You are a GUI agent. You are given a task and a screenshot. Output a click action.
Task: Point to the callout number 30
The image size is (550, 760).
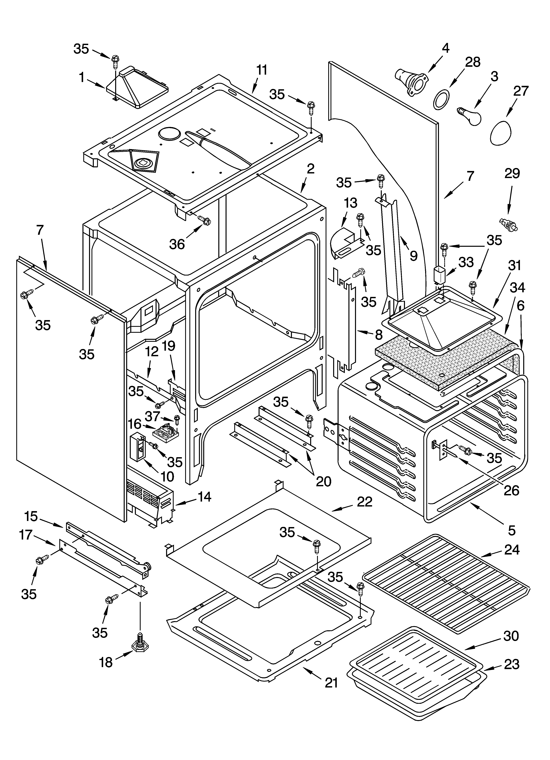pyautogui.click(x=511, y=636)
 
